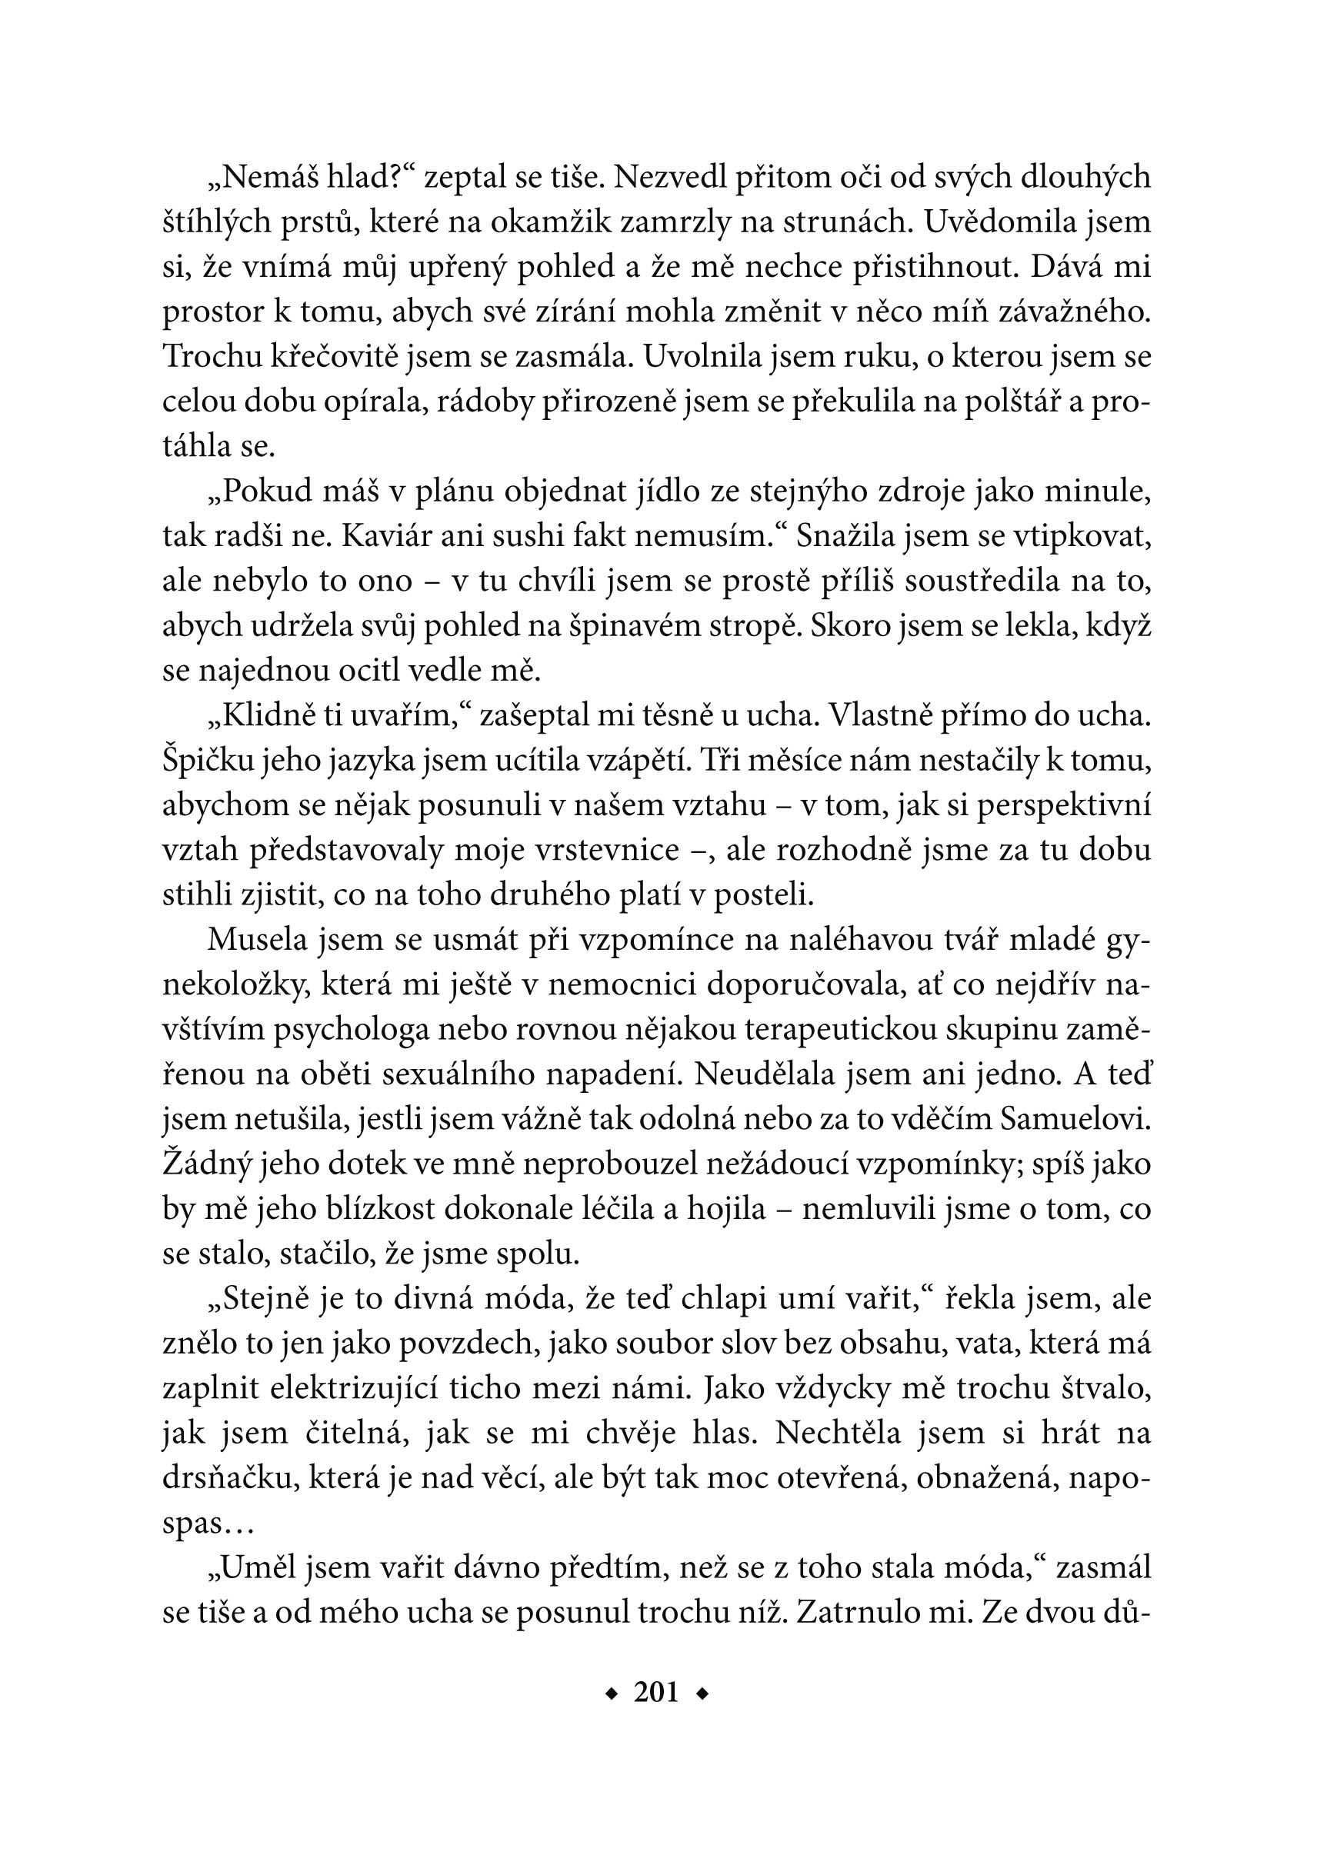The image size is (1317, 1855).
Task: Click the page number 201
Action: (x=657, y=1693)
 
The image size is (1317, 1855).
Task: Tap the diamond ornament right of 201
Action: (x=702, y=1693)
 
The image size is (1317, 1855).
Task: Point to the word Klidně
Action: (x=265, y=716)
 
